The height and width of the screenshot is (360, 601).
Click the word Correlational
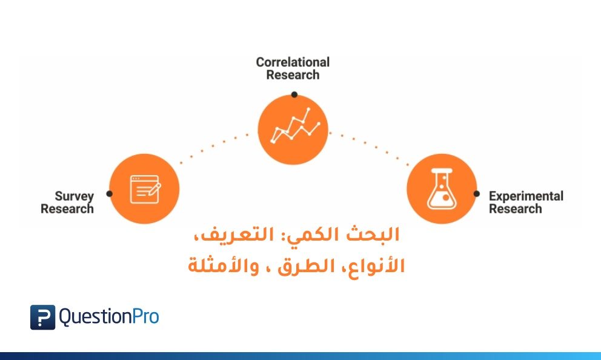pos(293,62)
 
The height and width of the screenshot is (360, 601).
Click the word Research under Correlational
pos(293,75)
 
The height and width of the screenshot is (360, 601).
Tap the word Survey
pos(75,197)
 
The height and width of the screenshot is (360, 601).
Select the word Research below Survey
pos(67,209)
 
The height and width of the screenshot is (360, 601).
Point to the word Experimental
pos(526,197)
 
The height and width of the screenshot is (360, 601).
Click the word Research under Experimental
pos(516,209)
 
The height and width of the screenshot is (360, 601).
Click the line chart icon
pos(295,125)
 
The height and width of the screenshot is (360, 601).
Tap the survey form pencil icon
pos(145,189)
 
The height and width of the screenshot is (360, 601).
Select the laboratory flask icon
pos(442,189)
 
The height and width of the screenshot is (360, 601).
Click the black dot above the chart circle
pos(294,95)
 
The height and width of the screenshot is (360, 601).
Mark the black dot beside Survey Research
pos(109,193)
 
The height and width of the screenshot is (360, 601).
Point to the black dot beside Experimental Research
pos(476,193)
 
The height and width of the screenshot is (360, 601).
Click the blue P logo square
pos(42,318)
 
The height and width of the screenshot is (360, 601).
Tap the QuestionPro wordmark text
pos(109,318)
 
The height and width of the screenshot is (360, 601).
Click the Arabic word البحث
pos(373,235)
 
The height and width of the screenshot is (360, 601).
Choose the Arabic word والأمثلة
pos(224,266)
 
